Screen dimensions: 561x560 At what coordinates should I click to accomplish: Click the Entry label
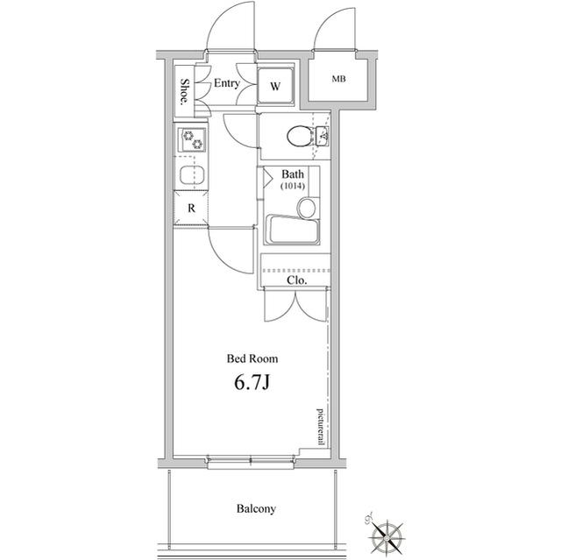(226, 83)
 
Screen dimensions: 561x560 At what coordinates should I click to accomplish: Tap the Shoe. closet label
(185, 91)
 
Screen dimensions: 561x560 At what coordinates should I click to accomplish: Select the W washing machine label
(275, 86)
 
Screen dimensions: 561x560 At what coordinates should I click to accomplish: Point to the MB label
(338, 79)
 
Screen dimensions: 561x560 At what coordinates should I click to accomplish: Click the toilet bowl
(301, 136)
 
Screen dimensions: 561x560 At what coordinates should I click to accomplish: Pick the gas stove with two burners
(192, 140)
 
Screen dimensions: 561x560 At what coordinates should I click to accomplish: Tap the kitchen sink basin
(193, 175)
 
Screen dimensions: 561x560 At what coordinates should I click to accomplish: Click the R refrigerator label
(191, 208)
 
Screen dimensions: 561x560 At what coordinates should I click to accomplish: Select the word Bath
(293, 174)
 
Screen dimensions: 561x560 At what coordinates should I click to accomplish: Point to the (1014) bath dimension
(293, 186)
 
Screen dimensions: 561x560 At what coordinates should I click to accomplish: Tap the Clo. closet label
(297, 280)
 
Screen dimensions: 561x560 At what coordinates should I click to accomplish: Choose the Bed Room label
(252, 358)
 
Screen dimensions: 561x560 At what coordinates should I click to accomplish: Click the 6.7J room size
(252, 383)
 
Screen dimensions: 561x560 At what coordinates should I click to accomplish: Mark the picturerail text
(321, 428)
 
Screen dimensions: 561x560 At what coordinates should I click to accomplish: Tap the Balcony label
(256, 508)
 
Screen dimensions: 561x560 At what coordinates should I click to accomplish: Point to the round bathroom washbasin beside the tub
(307, 208)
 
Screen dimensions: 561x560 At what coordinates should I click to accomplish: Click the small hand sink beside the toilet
(323, 136)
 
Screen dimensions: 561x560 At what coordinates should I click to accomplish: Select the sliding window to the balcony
(252, 462)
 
